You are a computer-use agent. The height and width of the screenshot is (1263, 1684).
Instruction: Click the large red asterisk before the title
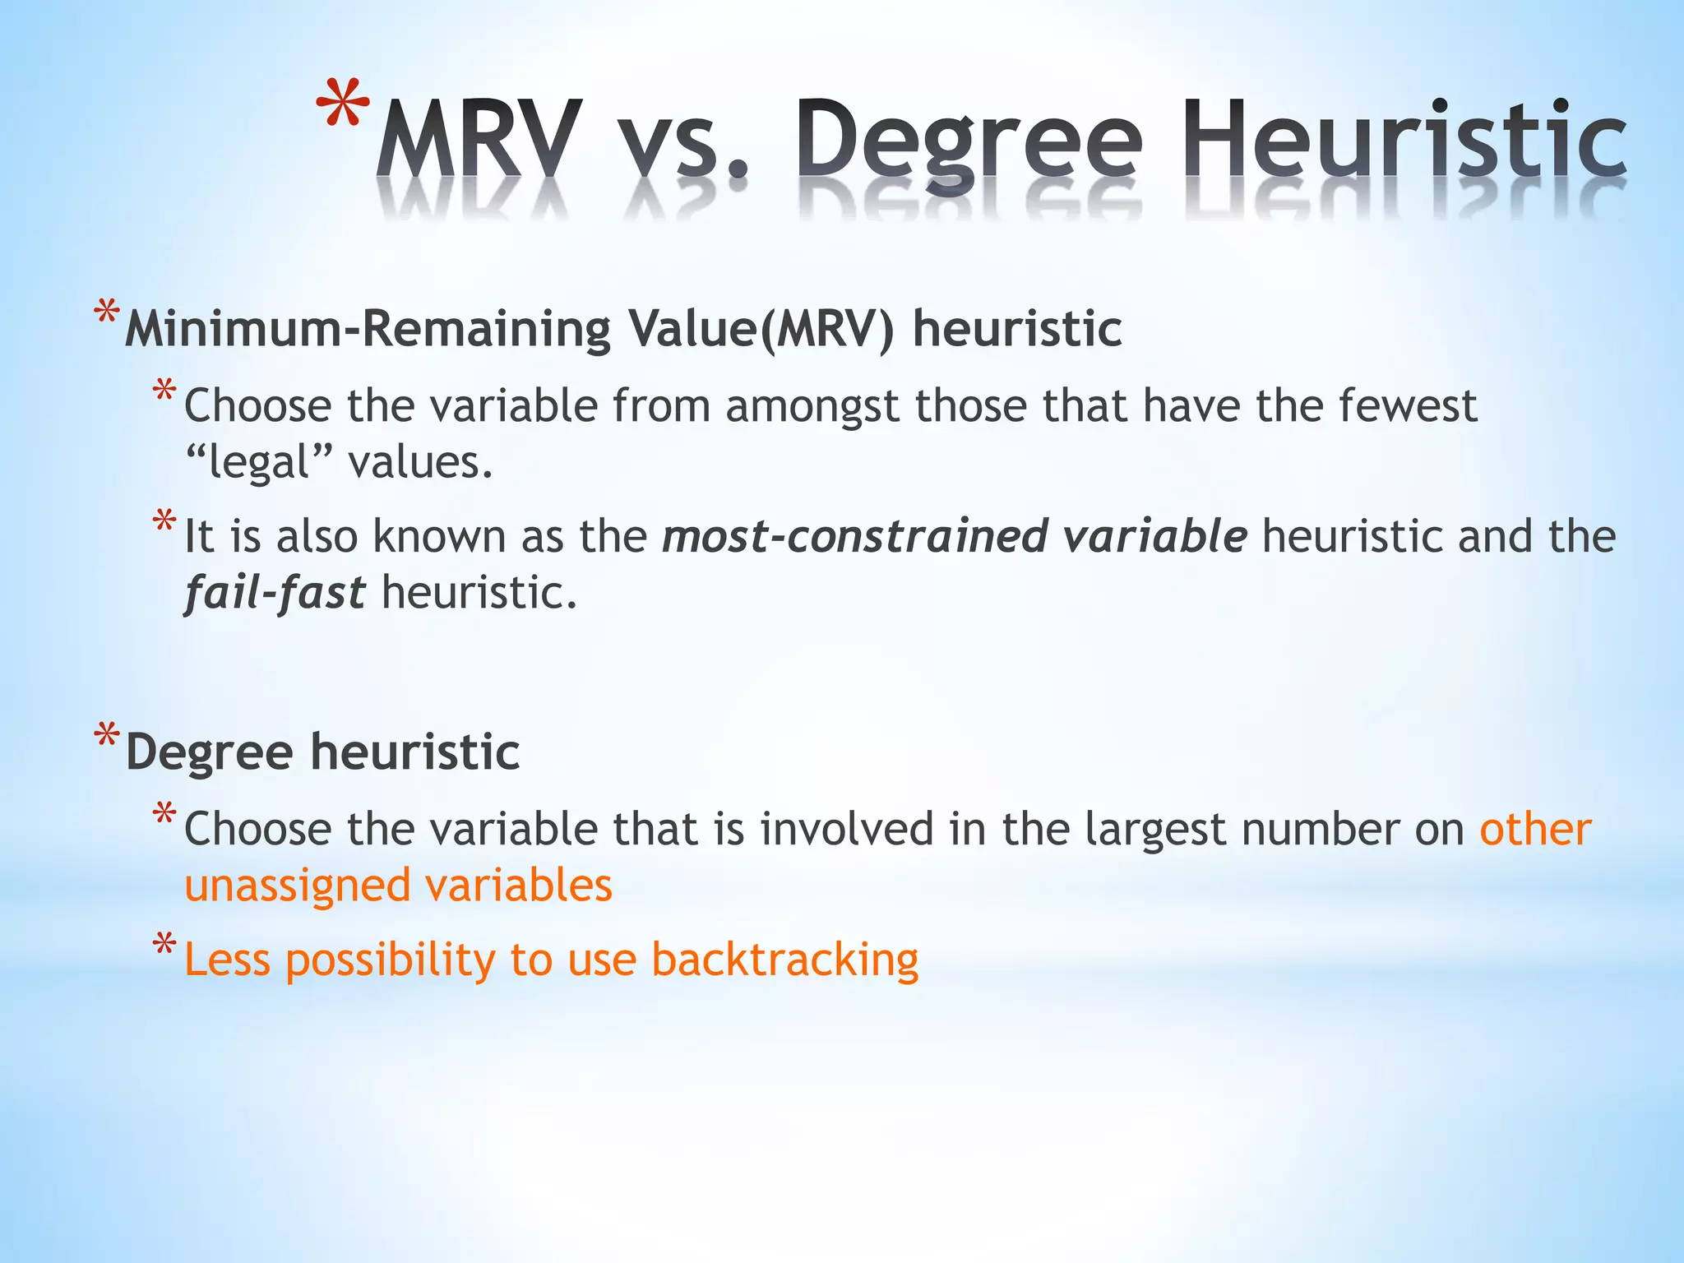(343, 105)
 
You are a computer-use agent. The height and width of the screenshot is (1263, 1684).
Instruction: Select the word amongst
(812, 406)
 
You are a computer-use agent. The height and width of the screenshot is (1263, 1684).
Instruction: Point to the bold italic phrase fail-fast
(275, 593)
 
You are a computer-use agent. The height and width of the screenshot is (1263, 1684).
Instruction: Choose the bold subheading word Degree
(210, 752)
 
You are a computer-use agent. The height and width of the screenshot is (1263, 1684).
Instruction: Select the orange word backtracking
(785, 960)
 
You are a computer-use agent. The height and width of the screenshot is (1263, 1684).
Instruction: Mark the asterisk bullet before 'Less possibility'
(164, 945)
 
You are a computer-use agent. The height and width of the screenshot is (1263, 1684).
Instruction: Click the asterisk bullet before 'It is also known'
(164, 521)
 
